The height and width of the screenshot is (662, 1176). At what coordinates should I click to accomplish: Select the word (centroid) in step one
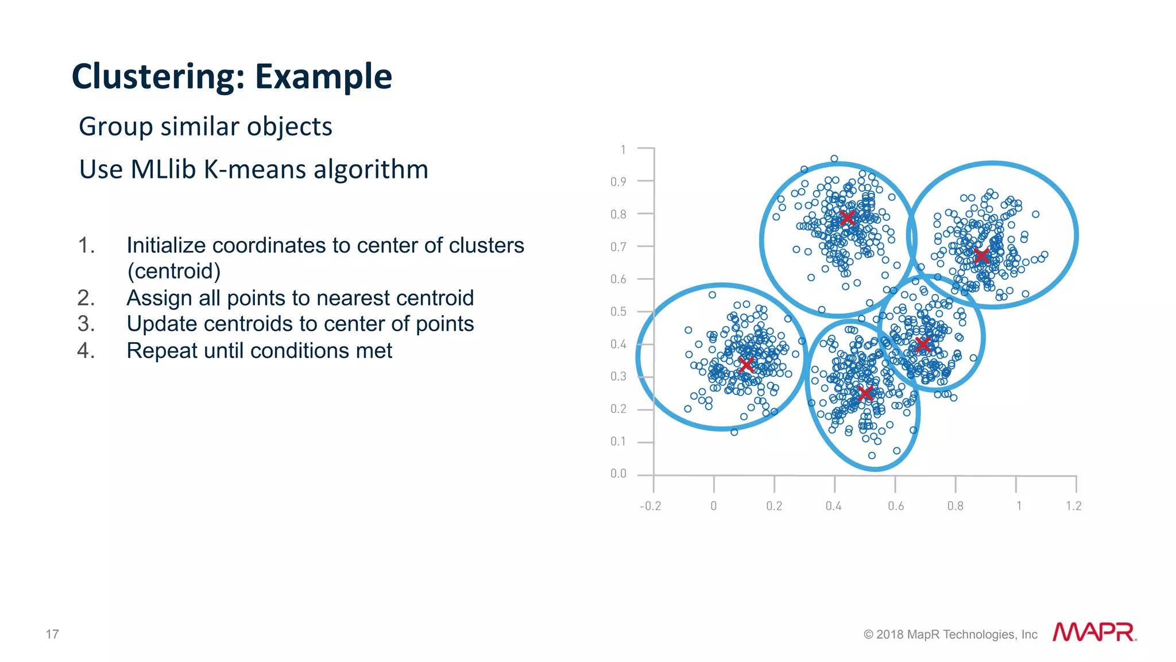pyautogui.click(x=174, y=271)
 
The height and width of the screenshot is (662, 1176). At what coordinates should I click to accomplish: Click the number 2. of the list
pyautogui.click(x=86, y=298)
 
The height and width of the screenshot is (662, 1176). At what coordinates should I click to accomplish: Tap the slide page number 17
pyautogui.click(x=52, y=634)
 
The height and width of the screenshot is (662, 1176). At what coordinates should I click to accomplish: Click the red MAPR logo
pyautogui.click(x=1094, y=632)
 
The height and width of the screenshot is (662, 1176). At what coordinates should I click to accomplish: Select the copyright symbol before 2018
pyautogui.click(x=868, y=634)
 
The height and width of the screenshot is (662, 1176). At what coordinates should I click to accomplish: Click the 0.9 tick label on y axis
pyautogui.click(x=618, y=182)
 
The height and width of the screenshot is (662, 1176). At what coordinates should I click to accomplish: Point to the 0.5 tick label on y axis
pyautogui.click(x=618, y=312)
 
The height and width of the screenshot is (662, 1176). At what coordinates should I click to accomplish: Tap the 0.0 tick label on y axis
pyautogui.click(x=618, y=474)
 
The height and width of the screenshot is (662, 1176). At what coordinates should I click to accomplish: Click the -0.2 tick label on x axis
pyautogui.click(x=650, y=506)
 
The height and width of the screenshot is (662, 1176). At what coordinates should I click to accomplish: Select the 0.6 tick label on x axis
pyautogui.click(x=895, y=506)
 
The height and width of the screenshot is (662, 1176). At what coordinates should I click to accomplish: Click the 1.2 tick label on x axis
pyautogui.click(x=1073, y=506)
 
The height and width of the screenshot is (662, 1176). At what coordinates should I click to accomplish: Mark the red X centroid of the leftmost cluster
pyautogui.click(x=746, y=364)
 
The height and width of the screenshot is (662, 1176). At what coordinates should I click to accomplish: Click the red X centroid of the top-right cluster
pyautogui.click(x=981, y=255)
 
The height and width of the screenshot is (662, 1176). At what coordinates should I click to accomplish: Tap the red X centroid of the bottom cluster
pyautogui.click(x=865, y=393)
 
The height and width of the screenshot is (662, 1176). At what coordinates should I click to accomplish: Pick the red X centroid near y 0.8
pyautogui.click(x=847, y=218)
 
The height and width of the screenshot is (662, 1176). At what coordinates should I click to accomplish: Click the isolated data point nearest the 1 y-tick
pyautogui.click(x=834, y=159)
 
